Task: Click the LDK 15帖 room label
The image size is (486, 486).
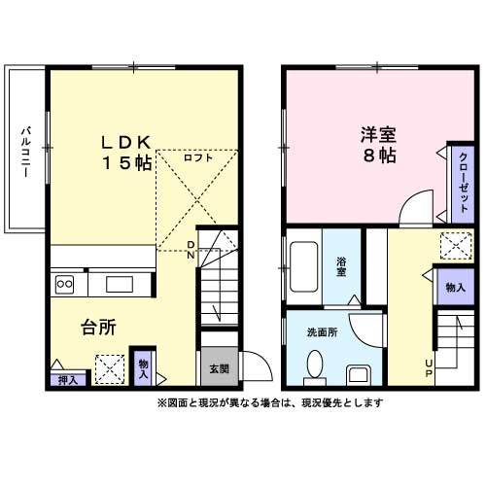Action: (126, 153)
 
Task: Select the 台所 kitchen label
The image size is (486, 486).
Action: (98, 328)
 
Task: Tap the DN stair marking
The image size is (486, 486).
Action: (191, 249)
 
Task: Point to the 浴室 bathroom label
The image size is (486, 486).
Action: (342, 265)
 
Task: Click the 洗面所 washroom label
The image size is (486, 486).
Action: (322, 332)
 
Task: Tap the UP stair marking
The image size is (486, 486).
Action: (428, 368)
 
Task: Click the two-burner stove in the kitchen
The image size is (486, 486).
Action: (66, 284)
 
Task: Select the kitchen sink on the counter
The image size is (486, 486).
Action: (120, 284)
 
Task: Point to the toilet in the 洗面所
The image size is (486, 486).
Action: (314, 366)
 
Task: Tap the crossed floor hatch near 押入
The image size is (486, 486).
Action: (108, 367)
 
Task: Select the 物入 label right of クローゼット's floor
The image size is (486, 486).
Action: (454, 288)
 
